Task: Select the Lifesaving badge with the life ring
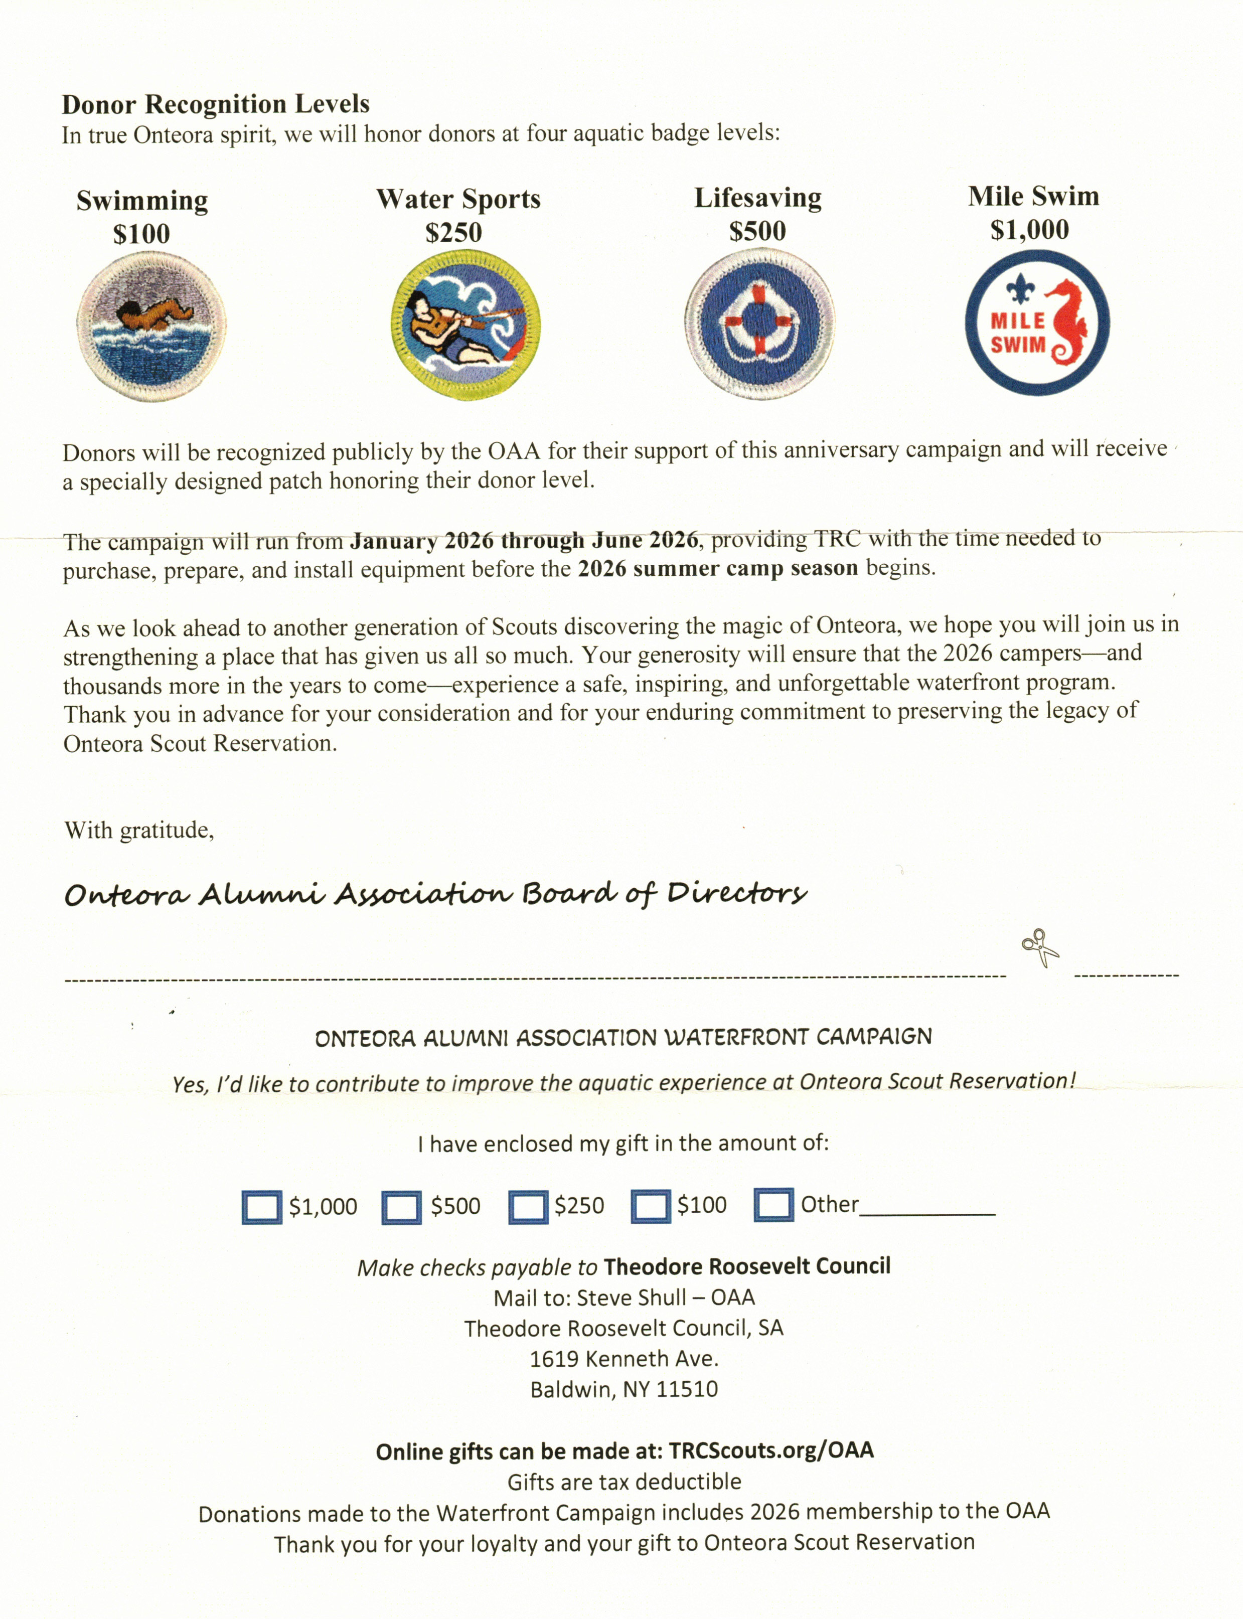tap(758, 323)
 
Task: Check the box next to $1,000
tap(261, 1207)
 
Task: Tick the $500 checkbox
tap(402, 1207)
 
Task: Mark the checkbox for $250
tap(528, 1206)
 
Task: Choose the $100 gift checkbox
tap(651, 1206)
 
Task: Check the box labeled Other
tap(773, 1204)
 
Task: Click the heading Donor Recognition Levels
tap(215, 104)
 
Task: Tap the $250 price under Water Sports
tap(453, 233)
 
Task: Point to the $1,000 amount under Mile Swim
tap(1029, 230)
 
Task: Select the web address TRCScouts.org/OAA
tap(771, 1450)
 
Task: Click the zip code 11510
tap(687, 1389)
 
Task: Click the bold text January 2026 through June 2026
tap(524, 541)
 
